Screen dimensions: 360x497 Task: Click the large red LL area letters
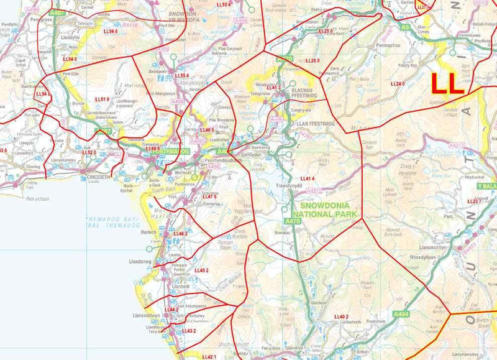(x=447, y=84)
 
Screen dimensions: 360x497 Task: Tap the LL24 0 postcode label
(x=397, y=83)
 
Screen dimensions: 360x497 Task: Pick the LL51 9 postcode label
(x=102, y=99)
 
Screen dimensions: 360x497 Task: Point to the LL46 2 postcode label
(x=180, y=233)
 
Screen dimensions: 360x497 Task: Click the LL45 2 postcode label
(x=201, y=270)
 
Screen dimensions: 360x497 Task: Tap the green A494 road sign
(x=401, y=315)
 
